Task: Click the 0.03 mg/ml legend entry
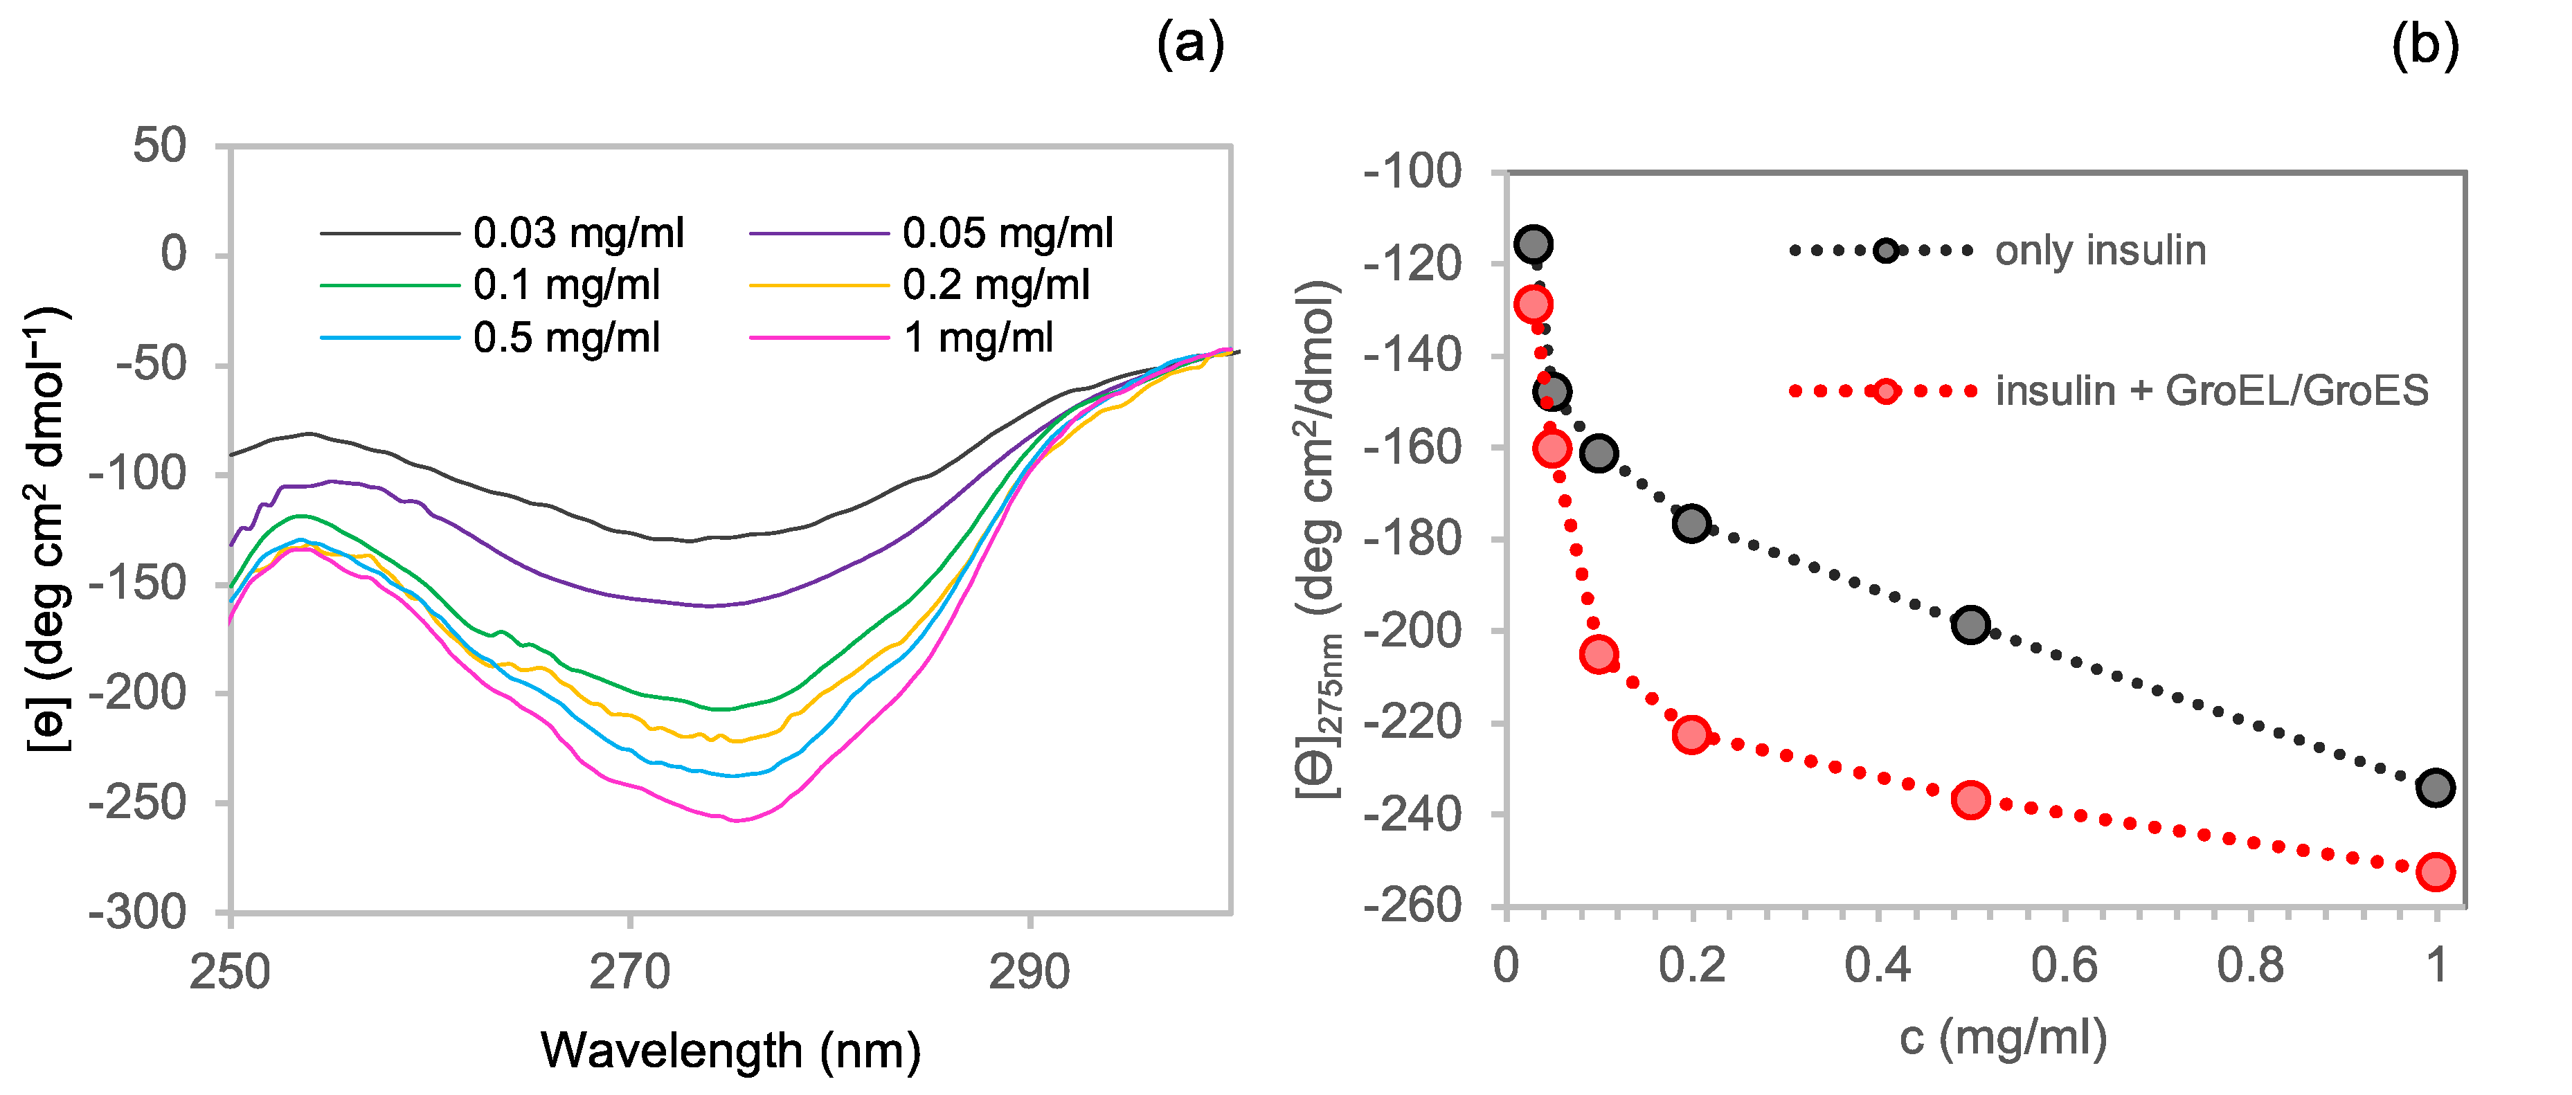tap(578, 233)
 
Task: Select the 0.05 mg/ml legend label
tap(1007, 233)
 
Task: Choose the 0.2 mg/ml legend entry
tap(996, 285)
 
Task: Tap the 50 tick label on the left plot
tap(160, 146)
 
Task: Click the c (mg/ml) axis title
tap(2003, 1038)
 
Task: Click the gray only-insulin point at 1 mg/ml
tap(2436, 788)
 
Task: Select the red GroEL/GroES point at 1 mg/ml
tap(2436, 871)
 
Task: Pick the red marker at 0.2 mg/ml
tap(1691, 734)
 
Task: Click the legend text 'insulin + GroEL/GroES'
tap(2211, 390)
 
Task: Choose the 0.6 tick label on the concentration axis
tap(2064, 966)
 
